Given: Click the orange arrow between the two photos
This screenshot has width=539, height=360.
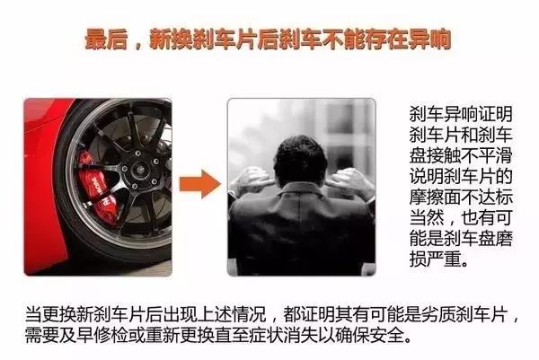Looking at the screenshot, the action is pyautogui.click(x=200, y=184).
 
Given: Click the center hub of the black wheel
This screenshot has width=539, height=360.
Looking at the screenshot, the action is pyautogui.click(x=140, y=169).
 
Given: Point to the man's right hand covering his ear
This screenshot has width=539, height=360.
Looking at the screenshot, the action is pyautogui.click(x=350, y=183).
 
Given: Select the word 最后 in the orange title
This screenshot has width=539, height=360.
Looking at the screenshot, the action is pyautogui.click(x=106, y=40).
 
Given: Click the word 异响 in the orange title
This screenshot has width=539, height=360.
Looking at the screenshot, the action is pyautogui.click(x=429, y=40).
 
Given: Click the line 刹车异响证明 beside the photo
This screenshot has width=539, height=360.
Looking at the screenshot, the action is pyautogui.click(x=461, y=114).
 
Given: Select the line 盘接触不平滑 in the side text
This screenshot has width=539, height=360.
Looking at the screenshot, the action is pyautogui.click(x=461, y=155).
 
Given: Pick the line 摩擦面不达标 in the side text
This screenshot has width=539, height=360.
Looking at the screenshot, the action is pyautogui.click(x=461, y=197).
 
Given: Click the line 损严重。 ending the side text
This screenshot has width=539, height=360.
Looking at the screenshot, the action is pyautogui.click(x=439, y=259).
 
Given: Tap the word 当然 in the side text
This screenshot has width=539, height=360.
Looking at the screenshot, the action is pyautogui.click(x=426, y=217).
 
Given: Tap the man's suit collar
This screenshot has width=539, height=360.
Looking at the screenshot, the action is pyautogui.click(x=300, y=192).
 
